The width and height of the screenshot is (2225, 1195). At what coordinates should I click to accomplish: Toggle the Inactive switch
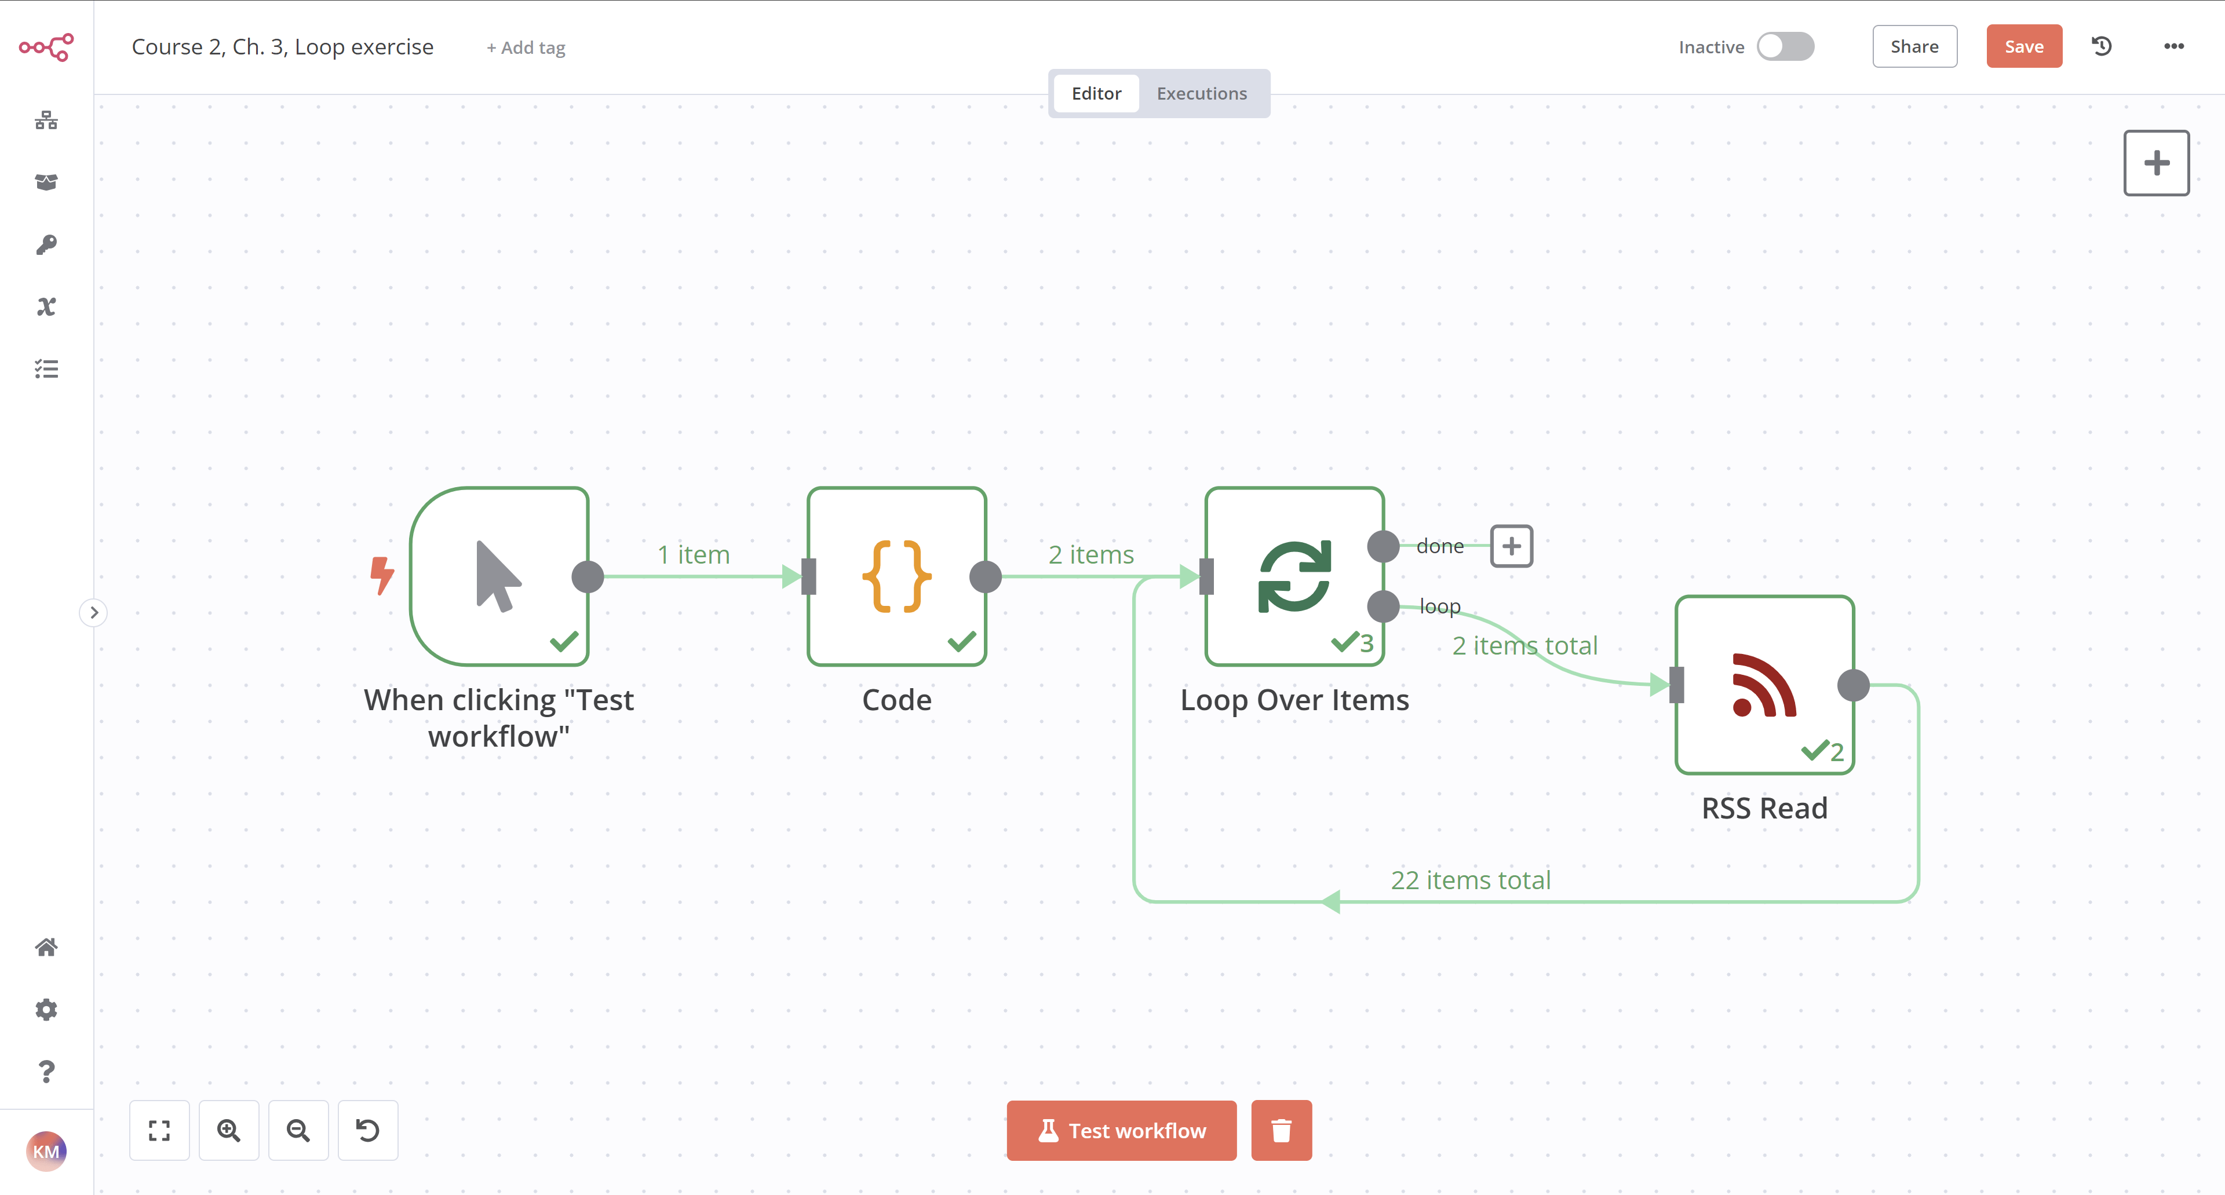click(x=1785, y=46)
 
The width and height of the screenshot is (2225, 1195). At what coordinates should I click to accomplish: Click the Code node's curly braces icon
click(x=896, y=576)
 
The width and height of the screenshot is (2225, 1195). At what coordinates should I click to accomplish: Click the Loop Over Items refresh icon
click(x=1294, y=576)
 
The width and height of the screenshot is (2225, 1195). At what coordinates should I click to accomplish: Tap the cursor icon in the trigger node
click(x=498, y=576)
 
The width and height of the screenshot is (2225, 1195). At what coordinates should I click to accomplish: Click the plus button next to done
click(x=1511, y=546)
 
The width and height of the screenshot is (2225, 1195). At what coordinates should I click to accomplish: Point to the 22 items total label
click(x=1470, y=880)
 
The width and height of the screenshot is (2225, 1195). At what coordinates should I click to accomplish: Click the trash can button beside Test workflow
click(x=1281, y=1130)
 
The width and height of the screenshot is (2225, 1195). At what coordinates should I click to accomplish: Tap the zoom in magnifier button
click(x=229, y=1130)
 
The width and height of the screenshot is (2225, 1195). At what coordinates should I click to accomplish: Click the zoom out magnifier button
click(x=298, y=1130)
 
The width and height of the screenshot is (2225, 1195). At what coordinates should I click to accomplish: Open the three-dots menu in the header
click(x=2173, y=46)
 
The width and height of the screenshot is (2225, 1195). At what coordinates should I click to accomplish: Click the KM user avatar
click(x=46, y=1151)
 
